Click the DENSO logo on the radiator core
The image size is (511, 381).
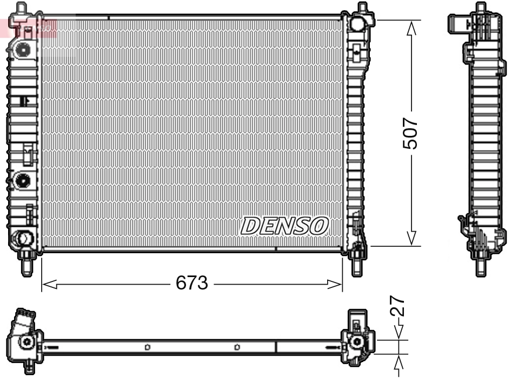[284, 226]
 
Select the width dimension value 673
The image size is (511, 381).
[192, 283]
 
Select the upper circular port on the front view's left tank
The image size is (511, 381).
[23, 50]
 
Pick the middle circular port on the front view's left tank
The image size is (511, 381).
[23, 180]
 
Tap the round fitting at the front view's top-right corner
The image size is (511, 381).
[357, 24]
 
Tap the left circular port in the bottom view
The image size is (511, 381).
[25, 341]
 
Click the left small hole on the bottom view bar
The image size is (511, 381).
[147, 347]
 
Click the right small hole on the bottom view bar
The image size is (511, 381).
[237, 347]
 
